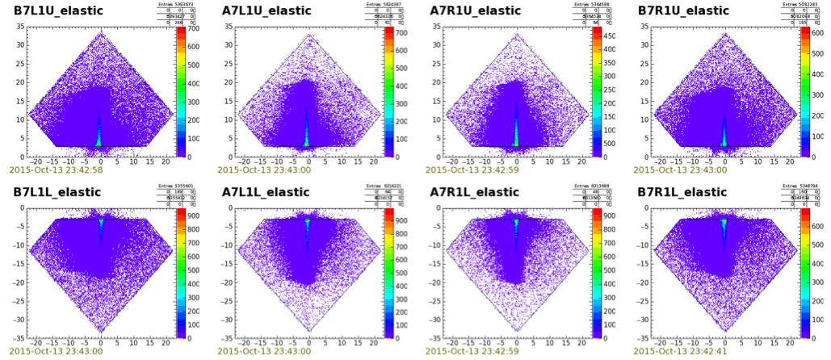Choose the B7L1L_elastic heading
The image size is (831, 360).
64,192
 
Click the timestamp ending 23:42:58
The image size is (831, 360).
56,170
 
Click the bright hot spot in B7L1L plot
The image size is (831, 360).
101,219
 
